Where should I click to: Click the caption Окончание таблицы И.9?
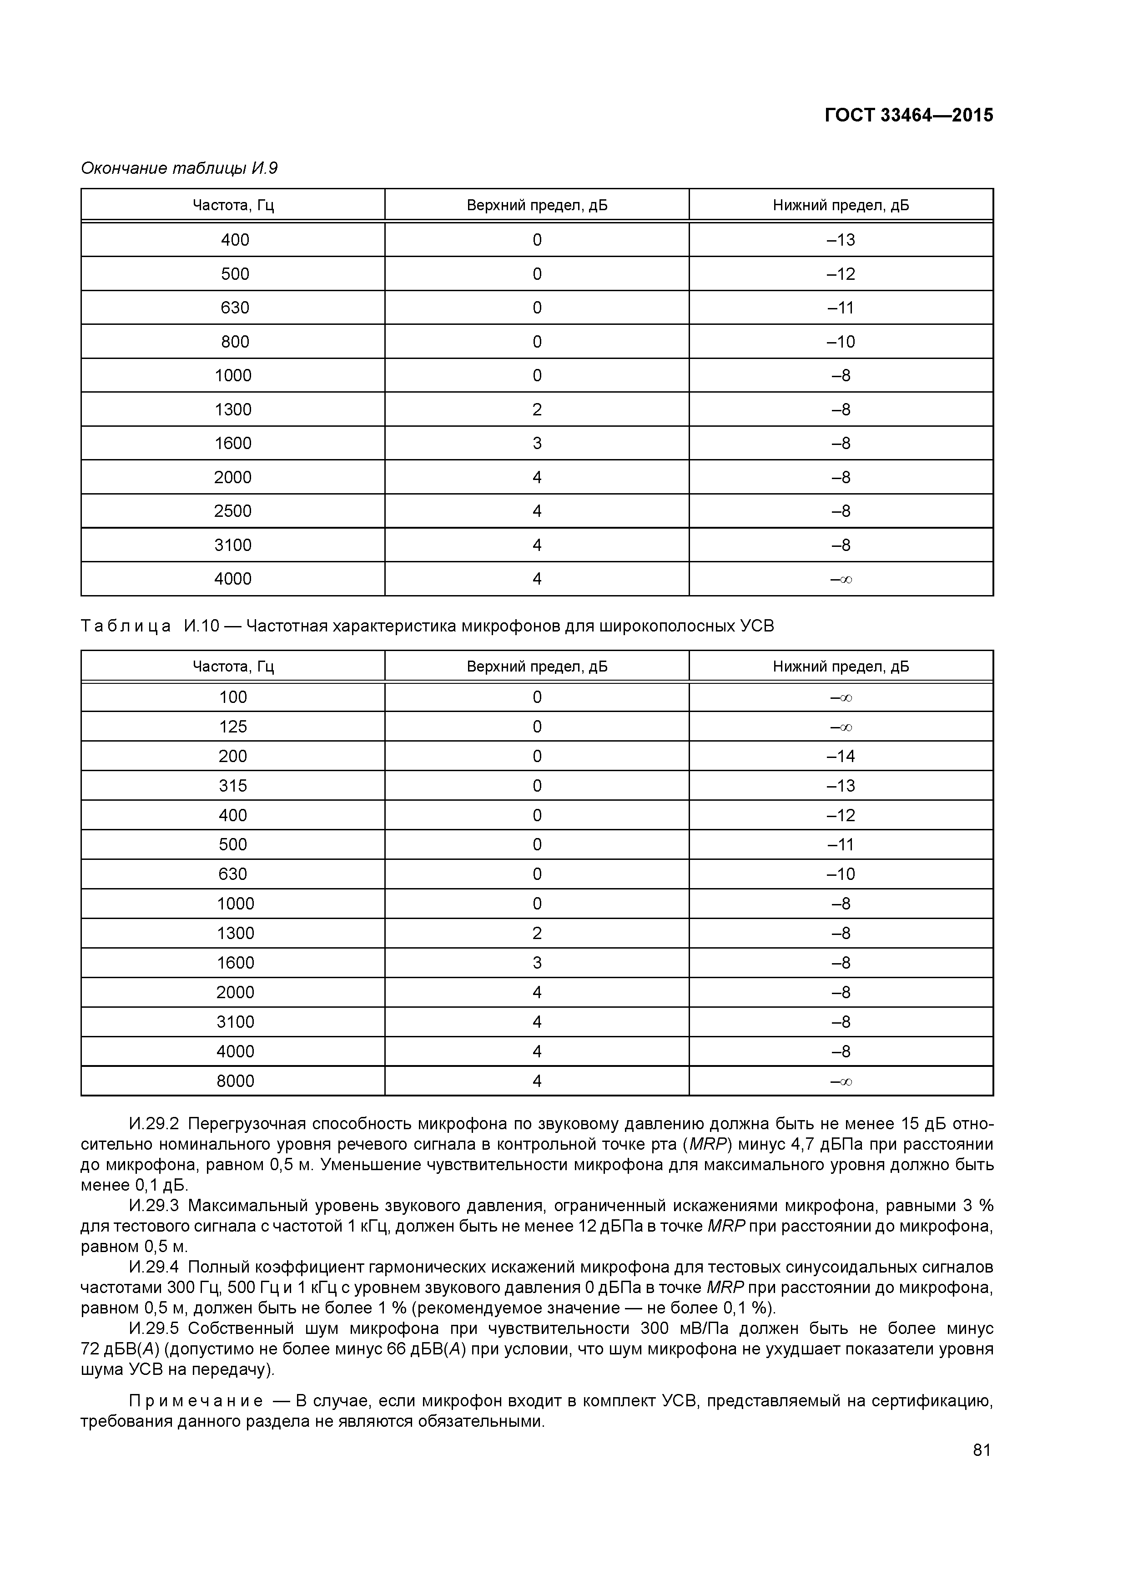point(179,168)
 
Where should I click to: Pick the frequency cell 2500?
point(233,511)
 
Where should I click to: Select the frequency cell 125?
point(233,727)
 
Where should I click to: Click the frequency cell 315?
point(233,785)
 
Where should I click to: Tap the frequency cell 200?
point(233,756)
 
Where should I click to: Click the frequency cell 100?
point(233,697)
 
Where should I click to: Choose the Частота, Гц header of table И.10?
point(233,667)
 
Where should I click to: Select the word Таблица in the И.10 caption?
point(126,626)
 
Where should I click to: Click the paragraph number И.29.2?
point(154,1125)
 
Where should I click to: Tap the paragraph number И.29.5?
point(154,1328)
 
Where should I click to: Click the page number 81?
point(982,1450)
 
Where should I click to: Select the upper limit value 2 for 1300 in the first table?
point(537,409)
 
